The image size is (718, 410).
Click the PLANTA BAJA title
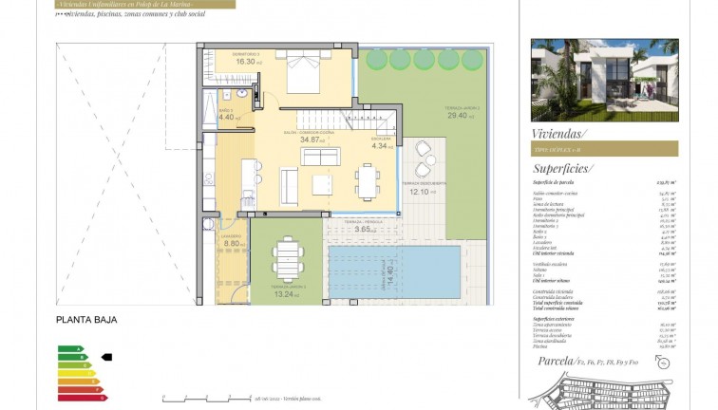pos(86,320)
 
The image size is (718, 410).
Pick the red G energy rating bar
pos(82,397)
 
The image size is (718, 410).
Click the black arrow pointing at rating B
pos(106,357)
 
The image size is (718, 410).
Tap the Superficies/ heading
pos(563,168)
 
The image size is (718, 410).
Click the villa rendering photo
pos(604,80)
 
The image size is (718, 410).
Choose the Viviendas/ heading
pos(560,133)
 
